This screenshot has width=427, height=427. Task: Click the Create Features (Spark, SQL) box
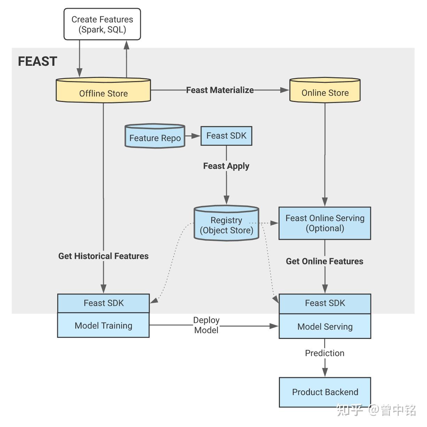pos(102,24)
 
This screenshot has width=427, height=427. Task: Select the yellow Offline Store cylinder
pos(103,91)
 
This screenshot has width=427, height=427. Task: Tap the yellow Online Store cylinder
pos(325,91)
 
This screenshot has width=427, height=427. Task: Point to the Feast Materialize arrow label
pos(220,90)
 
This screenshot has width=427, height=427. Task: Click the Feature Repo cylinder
pos(155,136)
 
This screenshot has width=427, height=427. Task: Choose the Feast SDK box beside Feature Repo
pos(226,136)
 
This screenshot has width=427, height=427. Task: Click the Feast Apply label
pos(226,166)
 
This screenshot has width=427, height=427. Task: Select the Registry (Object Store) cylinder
pos(226,224)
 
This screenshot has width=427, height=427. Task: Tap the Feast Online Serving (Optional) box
pos(325,223)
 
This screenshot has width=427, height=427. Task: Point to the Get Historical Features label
pos(103,256)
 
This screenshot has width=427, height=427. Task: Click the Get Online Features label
pos(325,261)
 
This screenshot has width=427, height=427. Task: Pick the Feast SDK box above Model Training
pos(104,303)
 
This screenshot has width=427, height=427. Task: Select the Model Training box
pos(104,325)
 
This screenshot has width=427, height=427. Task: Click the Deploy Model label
pos(206,325)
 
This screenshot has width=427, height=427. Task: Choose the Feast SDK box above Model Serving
pos(325,303)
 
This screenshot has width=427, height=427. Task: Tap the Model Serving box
pos(325,326)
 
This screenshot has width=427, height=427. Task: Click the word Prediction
pos(325,353)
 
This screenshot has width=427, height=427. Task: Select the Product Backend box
pos(325,392)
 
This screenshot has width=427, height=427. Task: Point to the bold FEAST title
pos(37,61)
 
